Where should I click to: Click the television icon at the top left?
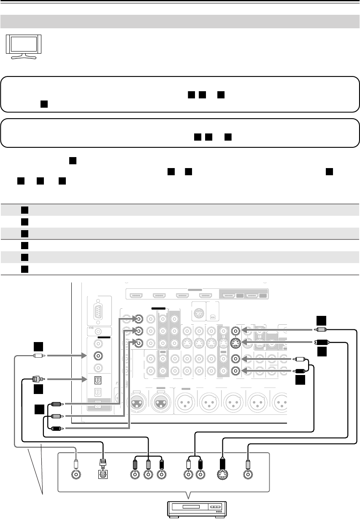tap(23, 46)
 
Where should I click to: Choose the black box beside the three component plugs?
tap(40, 410)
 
